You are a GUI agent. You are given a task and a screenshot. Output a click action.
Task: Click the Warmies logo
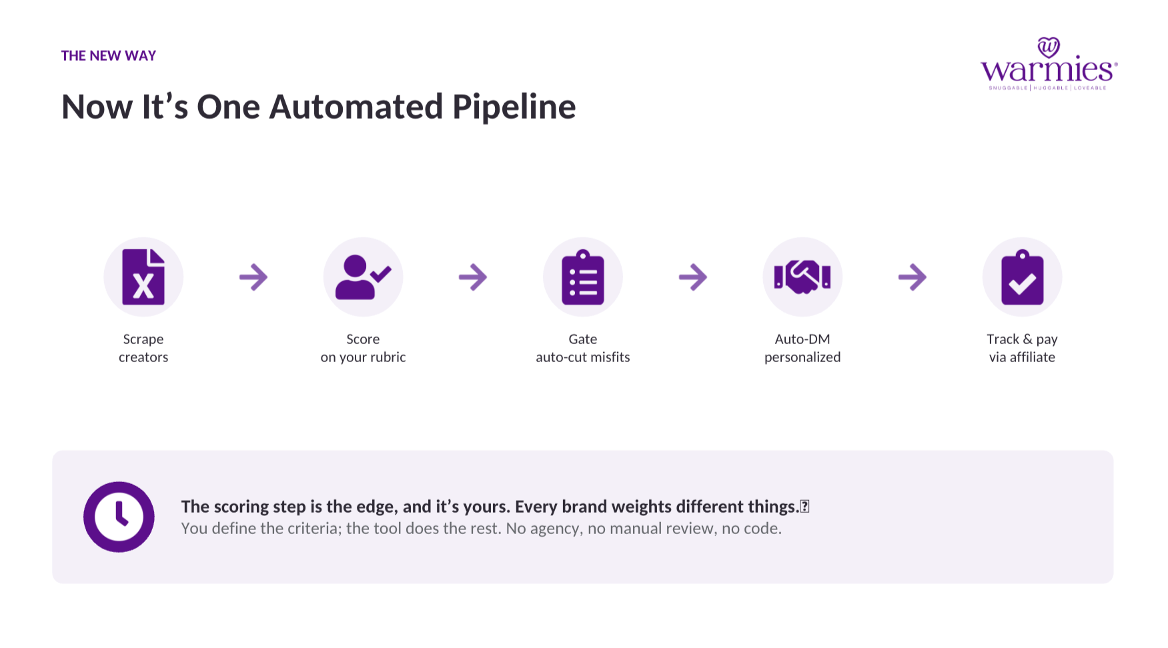[x=1049, y=64]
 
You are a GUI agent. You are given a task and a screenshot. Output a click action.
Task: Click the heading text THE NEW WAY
[x=109, y=56]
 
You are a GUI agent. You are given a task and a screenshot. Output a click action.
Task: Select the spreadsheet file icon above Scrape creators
[x=143, y=277]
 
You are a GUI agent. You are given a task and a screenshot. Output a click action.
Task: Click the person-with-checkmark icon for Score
[x=363, y=277]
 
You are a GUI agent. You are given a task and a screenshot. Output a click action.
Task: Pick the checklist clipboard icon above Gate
[x=583, y=277]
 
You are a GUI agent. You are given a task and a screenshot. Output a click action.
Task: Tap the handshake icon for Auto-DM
[x=802, y=277]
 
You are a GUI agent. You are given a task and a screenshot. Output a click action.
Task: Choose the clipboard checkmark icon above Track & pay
[x=1022, y=277]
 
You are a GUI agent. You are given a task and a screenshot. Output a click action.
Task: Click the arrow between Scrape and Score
[x=253, y=277]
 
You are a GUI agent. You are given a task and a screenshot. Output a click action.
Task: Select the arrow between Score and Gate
[x=473, y=277]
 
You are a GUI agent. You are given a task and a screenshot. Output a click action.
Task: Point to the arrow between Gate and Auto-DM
[x=693, y=277]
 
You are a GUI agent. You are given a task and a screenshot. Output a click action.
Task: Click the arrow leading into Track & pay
[x=913, y=277]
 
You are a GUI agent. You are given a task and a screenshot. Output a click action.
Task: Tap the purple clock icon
[x=119, y=517]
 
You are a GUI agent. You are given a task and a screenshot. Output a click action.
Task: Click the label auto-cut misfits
[x=583, y=357]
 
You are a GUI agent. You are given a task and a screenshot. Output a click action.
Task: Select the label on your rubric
[x=363, y=357]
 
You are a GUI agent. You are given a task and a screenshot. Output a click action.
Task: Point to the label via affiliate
[x=1022, y=357]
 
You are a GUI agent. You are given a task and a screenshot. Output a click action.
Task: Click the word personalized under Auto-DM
[x=802, y=357]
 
